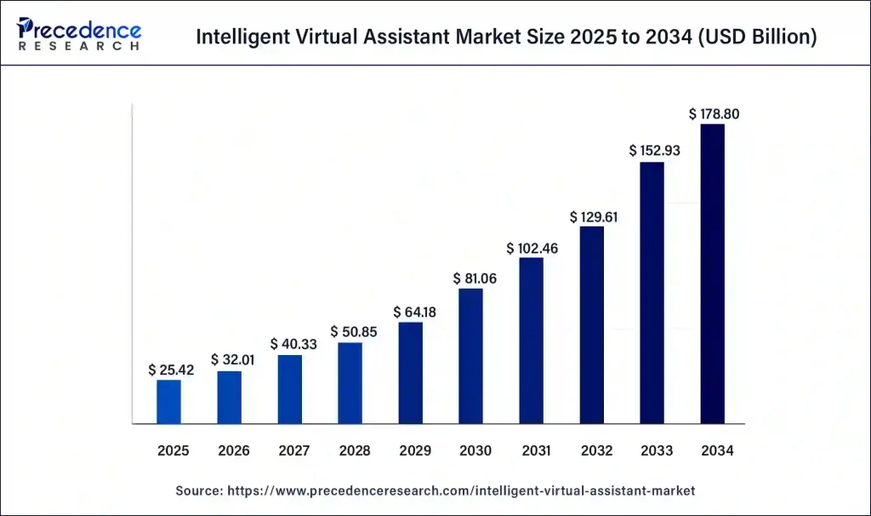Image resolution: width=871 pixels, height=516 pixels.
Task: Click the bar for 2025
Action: click(168, 401)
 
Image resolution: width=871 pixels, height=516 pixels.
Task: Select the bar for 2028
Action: click(350, 382)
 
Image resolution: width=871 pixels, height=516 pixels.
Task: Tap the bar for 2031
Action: click(531, 340)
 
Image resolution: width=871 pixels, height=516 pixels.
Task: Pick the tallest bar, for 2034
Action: click(712, 273)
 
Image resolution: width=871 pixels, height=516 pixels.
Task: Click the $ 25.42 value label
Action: click(169, 370)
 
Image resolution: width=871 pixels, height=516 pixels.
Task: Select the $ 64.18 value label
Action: click(411, 312)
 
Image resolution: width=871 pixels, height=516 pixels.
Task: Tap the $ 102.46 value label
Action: click(531, 248)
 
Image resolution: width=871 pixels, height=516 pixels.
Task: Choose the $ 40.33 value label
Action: click(290, 344)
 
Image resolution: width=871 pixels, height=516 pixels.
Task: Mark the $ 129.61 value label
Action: click(592, 216)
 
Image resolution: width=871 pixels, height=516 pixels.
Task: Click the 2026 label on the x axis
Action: click(230, 450)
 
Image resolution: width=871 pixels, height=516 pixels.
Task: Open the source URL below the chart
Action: click(459, 491)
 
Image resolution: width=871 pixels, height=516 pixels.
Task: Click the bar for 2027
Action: click(290, 389)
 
